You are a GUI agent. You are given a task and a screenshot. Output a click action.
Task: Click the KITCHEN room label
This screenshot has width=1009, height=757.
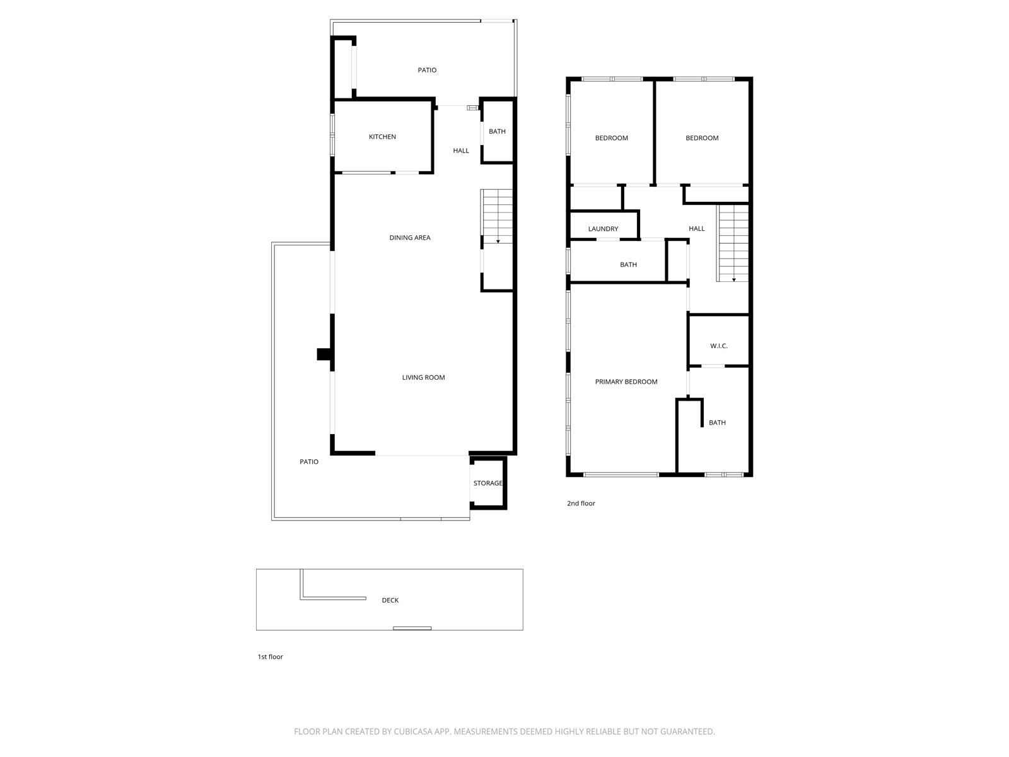click(382, 137)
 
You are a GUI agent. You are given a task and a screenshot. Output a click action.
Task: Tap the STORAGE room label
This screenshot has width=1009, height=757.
click(488, 483)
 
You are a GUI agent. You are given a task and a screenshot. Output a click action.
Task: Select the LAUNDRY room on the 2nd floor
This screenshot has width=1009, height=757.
click(603, 229)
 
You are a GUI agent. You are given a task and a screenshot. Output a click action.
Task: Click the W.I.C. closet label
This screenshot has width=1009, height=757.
click(718, 346)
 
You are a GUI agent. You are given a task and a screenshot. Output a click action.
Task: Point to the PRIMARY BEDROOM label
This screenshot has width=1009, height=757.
click(626, 382)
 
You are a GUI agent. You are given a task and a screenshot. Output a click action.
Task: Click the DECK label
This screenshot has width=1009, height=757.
click(390, 601)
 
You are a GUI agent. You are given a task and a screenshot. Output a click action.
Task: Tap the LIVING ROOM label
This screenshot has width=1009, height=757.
click(423, 378)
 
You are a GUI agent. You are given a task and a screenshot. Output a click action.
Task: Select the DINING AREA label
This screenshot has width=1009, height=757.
click(409, 238)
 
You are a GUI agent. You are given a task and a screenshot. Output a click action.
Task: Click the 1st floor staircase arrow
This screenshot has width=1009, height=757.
click(498, 240)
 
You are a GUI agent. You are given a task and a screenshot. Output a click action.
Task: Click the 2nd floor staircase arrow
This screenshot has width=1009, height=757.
click(733, 279)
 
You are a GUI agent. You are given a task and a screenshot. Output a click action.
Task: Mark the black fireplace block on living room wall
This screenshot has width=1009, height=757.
click(324, 355)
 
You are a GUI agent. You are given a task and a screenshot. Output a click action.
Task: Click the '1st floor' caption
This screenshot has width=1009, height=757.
click(270, 657)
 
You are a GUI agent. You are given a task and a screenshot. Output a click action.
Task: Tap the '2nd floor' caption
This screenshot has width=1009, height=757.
click(581, 503)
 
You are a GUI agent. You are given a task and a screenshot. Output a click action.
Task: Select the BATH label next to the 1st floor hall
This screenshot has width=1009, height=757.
click(497, 132)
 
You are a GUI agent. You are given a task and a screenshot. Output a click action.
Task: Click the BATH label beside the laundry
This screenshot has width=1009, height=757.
click(628, 265)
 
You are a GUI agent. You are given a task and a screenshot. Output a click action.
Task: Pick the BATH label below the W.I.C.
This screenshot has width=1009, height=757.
click(717, 423)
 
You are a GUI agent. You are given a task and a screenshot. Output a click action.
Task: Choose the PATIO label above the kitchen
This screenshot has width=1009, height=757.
click(427, 70)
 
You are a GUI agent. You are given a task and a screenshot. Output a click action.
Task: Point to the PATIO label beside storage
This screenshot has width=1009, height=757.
click(308, 462)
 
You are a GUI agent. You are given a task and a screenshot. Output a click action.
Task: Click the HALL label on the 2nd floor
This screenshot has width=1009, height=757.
click(696, 229)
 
